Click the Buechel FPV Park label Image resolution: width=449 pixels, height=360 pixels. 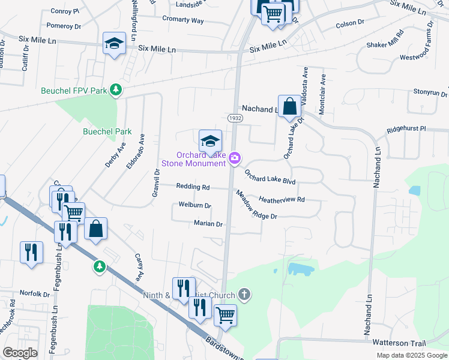pos(74,91)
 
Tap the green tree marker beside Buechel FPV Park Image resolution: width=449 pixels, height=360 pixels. pos(116,91)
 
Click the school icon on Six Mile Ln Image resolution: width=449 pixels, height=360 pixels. pos(114,43)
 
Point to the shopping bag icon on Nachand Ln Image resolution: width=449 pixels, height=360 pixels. pos(289,106)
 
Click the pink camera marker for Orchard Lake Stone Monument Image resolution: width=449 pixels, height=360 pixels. pos(235,158)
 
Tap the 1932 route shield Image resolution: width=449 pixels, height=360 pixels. pos(235,118)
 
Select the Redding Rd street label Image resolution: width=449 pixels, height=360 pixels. pos(193,187)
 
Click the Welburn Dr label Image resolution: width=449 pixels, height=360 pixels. pos(195,205)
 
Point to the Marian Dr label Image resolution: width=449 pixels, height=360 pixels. pos(208,224)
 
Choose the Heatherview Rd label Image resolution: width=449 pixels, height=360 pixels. pos(282,199)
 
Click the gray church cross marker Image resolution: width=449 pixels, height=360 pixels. pos(243,294)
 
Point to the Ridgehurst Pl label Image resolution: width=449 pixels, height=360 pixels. pos(406,128)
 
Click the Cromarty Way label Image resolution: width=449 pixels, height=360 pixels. pos(182,20)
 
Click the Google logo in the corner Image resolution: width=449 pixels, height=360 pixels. pos(20,352)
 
